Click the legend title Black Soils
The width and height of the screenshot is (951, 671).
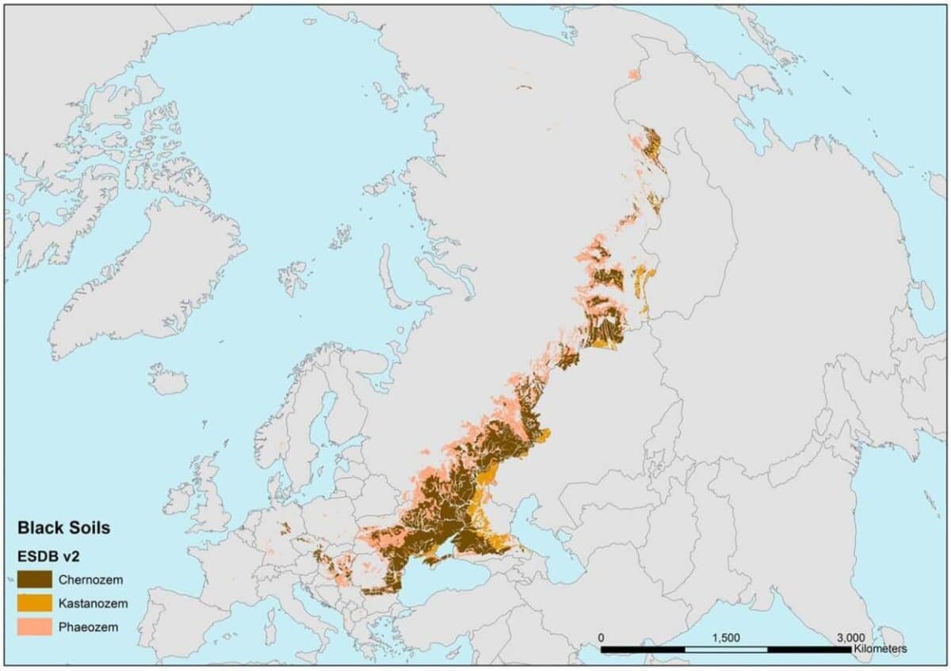[x=63, y=527]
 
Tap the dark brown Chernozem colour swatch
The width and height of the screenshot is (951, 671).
[x=35, y=579]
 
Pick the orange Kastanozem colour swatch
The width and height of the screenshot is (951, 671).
[x=35, y=603]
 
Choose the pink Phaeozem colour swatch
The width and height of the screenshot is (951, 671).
[x=35, y=627]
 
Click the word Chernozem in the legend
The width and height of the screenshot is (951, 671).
[x=90, y=580]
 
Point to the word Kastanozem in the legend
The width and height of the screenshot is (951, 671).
[x=93, y=604]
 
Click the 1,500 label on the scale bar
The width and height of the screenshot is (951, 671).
[x=726, y=637]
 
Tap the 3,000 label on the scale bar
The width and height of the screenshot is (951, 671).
[x=850, y=637]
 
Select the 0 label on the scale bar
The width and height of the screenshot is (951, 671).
[x=602, y=637]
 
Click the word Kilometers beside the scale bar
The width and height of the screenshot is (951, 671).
[x=880, y=649]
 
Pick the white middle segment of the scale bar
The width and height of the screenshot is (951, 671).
[x=726, y=650]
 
